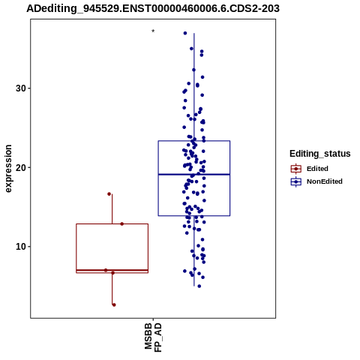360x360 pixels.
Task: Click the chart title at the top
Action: click(153, 9)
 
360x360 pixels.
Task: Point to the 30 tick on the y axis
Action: click(21, 88)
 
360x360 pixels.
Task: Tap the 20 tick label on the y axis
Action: click(21, 167)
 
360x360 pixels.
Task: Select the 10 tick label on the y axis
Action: click(21, 247)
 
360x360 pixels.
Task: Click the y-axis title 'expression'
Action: click(8, 169)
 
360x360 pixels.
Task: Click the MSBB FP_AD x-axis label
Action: click(153, 337)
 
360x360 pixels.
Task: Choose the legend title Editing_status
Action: click(320, 154)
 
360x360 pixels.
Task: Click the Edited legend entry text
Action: click(317, 169)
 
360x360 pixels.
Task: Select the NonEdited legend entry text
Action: click(325, 181)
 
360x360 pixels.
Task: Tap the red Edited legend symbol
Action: click(296, 169)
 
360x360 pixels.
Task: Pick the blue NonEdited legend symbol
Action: click(296, 181)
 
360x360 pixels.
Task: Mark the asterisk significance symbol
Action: click(153, 31)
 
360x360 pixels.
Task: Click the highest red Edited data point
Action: click(109, 193)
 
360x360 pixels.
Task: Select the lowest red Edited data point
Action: click(114, 304)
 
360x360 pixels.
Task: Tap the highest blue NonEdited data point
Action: click(185, 33)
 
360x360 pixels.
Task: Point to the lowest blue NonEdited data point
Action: click(199, 286)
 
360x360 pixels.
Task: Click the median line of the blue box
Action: click(194, 174)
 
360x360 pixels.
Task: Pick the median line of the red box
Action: click(112, 270)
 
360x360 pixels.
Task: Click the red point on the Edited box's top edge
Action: click(121, 223)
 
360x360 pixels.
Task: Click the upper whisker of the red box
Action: click(112, 209)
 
